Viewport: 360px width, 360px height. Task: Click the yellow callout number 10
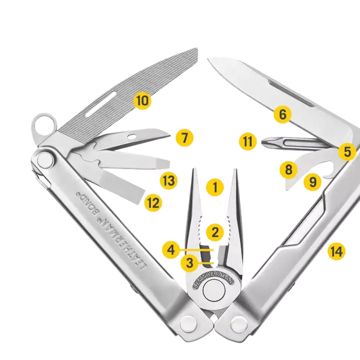point(143,100)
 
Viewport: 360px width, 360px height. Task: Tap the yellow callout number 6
point(282,115)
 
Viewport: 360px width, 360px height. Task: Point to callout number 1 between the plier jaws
point(215,187)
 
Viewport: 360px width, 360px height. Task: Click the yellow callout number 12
point(153,203)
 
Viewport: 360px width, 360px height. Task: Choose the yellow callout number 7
point(184,138)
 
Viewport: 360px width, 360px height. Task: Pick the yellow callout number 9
point(313,182)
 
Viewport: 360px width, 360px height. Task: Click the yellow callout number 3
point(190,264)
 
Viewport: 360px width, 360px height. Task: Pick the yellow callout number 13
point(169,181)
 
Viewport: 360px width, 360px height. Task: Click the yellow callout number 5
point(347,152)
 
